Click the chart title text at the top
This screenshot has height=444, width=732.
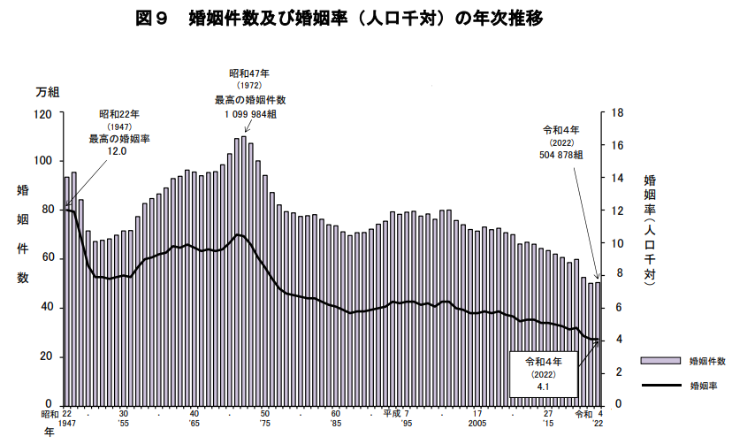point(339,19)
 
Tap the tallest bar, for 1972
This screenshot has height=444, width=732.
point(244,271)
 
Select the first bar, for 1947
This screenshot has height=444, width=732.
point(67,291)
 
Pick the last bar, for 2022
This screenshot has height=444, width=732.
point(598,344)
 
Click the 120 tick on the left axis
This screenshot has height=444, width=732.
point(42,113)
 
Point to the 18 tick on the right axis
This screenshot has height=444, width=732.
point(618,113)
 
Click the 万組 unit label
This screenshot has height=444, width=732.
point(47,92)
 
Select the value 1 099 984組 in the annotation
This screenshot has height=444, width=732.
point(251,114)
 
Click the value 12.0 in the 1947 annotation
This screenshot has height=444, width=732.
point(117,151)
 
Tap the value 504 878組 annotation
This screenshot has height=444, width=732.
point(561,155)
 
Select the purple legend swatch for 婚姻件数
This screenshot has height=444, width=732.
point(660,361)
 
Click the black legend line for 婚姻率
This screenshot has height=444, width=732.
point(660,385)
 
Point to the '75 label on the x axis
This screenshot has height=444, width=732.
point(264,423)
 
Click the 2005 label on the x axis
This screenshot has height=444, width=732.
point(477,423)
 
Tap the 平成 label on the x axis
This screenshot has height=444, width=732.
point(393,414)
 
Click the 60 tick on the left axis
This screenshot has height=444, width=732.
point(46,257)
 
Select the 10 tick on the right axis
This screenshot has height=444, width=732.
point(618,243)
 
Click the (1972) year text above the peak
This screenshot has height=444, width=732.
point(249,86)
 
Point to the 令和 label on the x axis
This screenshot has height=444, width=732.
point(583,414)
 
